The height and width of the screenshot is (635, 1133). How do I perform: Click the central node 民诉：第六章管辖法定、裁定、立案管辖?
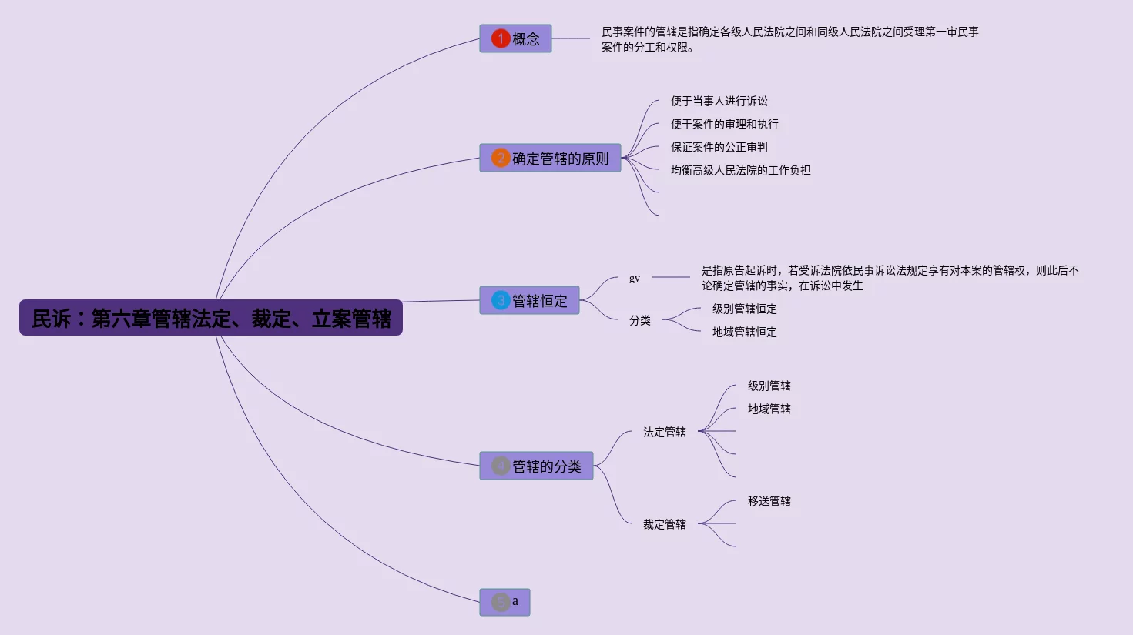coord(211,317)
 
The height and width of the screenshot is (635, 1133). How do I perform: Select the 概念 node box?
coord(515,38)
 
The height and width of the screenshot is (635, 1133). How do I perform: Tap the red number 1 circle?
coord(501,38)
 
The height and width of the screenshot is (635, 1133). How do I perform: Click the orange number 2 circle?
coord(501,158)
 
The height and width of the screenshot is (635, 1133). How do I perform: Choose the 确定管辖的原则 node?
coord(550,158)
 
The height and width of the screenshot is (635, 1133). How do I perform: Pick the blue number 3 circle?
coord(501,300)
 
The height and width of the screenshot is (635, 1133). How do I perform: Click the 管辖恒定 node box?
coord(530,300)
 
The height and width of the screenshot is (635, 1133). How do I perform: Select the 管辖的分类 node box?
coord(536,466)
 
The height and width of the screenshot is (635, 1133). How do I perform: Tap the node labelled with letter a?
coord(504,602)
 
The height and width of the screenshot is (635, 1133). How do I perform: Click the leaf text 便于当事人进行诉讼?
coord(719,101)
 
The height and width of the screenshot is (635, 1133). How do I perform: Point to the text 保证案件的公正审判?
coord(719,147)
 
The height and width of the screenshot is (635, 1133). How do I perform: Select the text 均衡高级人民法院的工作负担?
coord(740,170)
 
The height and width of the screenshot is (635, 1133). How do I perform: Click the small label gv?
coord(634,278)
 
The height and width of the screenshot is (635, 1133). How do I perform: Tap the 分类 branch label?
coord(640,320)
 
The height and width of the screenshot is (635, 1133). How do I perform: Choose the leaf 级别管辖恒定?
coord(745,309)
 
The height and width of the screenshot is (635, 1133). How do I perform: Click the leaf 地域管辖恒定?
coord(745,333)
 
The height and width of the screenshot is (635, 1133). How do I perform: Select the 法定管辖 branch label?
coord(665,433)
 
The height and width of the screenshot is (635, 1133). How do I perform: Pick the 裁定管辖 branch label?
coord(665,525)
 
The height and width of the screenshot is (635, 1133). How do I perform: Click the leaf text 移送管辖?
coord(769,502)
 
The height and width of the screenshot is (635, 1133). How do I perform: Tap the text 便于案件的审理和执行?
coord(724,125)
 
